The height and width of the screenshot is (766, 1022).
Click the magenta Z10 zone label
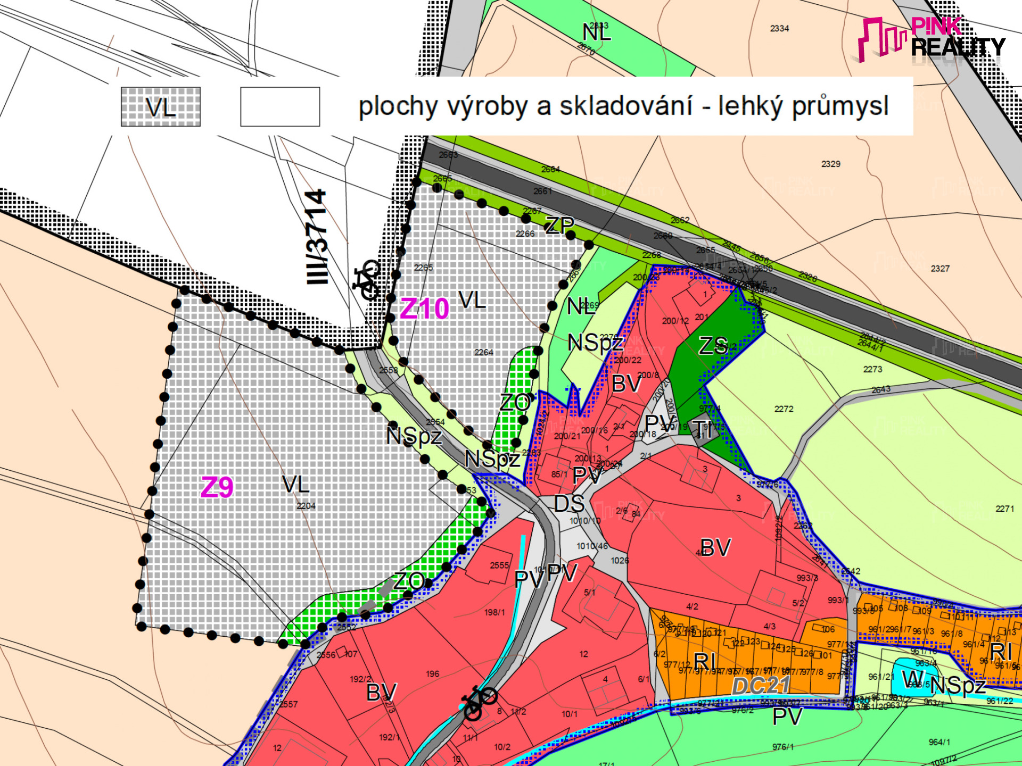[x=424, y=309]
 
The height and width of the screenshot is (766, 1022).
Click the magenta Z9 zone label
[x=217, y=487]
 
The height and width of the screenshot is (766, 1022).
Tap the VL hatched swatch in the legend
[x=161, y=107]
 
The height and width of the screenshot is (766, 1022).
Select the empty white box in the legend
[x=280, y=107]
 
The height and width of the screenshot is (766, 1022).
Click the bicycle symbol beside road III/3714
[x=367, y=279]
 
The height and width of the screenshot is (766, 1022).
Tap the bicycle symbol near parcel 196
[x=479, y=702]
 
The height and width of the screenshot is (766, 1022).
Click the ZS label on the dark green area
[x=713, y=346]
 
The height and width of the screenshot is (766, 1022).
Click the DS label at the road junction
[x=569, y=504]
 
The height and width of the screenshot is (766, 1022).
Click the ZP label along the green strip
[x=559, y=226]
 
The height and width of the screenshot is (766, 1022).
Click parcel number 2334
[x=779, y=29]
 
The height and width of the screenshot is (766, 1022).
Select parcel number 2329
[x=830, y=164]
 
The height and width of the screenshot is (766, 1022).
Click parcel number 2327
[x=940, y=269]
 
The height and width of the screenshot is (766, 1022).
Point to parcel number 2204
[x=306, y=506]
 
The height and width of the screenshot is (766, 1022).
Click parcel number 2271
[x=1005, y=509]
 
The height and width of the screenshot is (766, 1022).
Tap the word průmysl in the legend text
[x=840, y=106]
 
